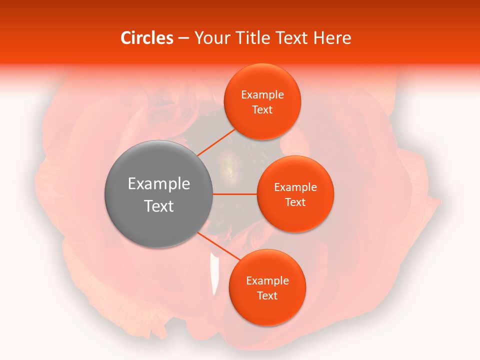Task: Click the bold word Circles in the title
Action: [x=147, y=38]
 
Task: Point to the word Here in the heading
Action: [x=332, y=38]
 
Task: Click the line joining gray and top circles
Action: [x=216, y=141]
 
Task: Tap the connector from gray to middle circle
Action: [x=234, y=194]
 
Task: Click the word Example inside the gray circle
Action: [x=159, y=184]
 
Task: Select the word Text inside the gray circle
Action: [x=159, y=206]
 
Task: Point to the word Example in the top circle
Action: [x=262, y=95]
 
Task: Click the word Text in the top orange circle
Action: [x=262, y=110]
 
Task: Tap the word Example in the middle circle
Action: [x=295, y=187]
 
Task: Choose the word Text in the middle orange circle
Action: [x=295, y=202]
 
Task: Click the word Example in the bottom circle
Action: [x=267, y=281]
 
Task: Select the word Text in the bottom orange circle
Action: [x=267, y=296]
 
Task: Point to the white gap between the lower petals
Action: [x=215, y=275]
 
